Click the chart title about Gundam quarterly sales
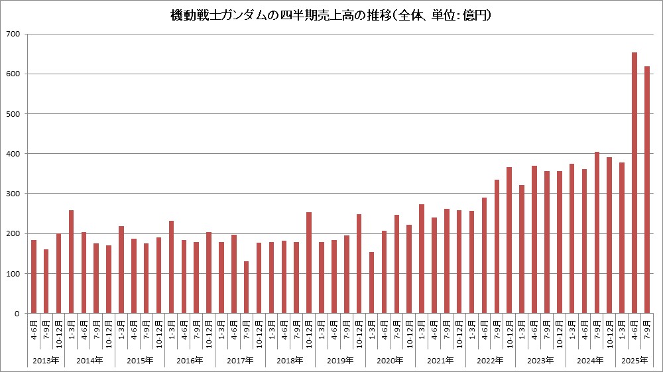[x=331, y=14]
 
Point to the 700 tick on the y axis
[x=15, y=34]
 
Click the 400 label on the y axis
[x=15, y=154]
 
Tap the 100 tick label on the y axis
[x=15, y=273]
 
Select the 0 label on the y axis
[x=19, y=314]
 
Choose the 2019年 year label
[x=340, y=360]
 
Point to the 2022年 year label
[x=491, y=360]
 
